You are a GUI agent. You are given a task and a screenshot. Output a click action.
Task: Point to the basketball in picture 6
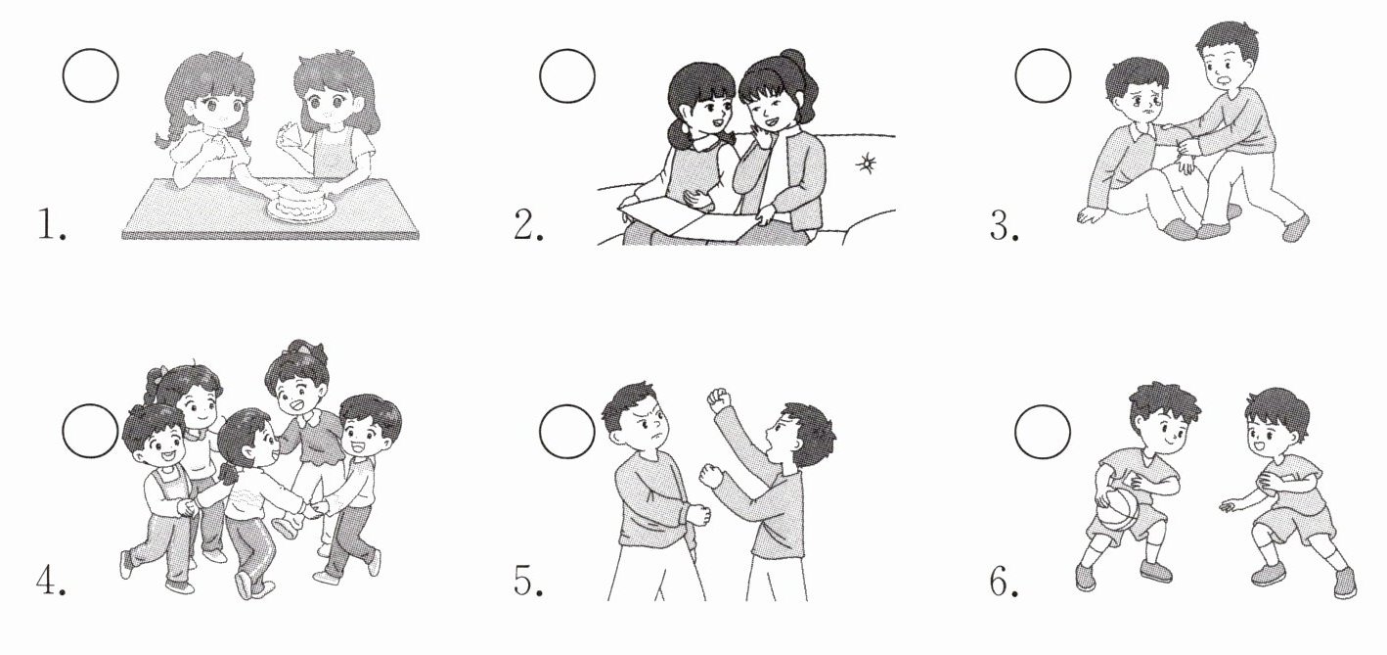click(x=1118, y=508)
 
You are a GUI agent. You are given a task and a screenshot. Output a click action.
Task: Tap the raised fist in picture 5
click(x=720, y=400)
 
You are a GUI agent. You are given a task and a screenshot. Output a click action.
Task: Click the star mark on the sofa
click(x=866, y=164)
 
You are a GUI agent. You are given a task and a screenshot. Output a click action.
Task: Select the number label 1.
click(x=51, y=224)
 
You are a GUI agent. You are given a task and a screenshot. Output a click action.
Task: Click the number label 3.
click(x=1004, y=224)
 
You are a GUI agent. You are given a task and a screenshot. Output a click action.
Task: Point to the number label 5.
click(x=527, y=582)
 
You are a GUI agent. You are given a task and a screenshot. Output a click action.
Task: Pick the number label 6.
click(x=1004, y=582)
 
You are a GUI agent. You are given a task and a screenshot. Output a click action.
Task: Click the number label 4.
click(x=51, y=582)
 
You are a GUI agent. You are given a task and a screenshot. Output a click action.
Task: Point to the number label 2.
click(x=527, y=224)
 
